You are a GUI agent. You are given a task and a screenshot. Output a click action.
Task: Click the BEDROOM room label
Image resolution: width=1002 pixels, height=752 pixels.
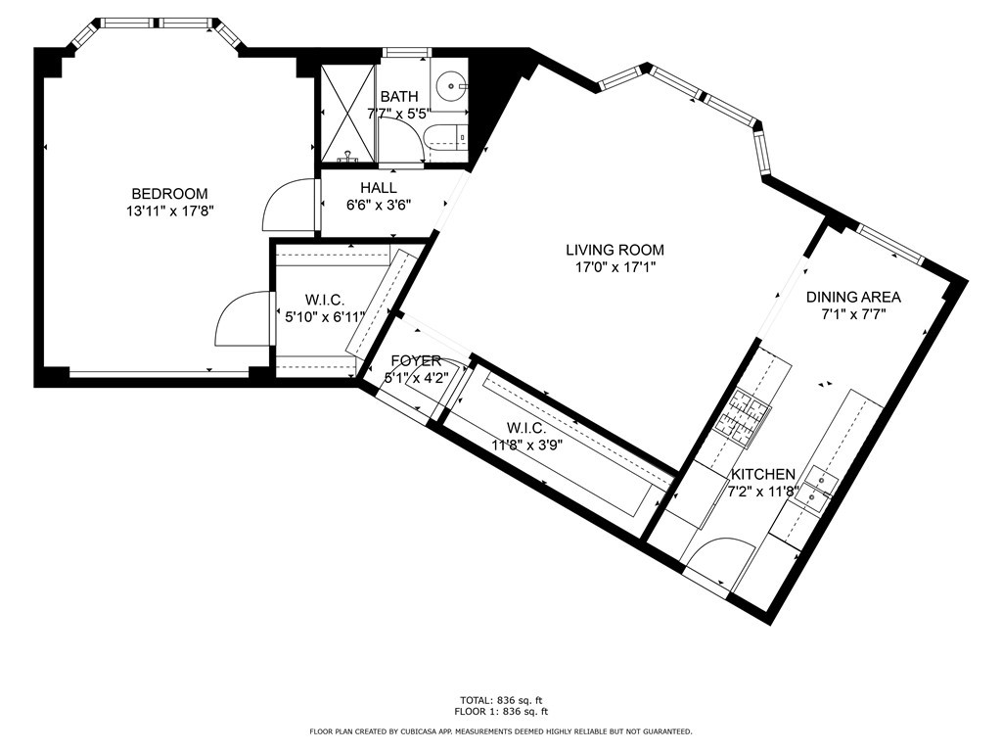(x=170, y=194)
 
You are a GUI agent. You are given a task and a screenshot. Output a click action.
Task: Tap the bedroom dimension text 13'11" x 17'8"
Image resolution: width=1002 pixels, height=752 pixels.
(x=170, y=211)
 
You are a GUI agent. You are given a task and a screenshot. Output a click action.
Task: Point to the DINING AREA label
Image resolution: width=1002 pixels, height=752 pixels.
(x=853, y=297)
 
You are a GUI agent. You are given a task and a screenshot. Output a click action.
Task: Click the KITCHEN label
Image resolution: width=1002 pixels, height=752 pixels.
(x=763, y=474)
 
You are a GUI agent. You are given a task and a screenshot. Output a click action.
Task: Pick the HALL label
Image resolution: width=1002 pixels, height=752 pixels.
(x=378, y=188)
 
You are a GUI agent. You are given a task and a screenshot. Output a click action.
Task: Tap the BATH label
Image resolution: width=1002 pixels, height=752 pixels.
(x=398, y=97)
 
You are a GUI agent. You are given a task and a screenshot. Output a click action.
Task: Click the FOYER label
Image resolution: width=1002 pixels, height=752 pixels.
(x=416, y=360)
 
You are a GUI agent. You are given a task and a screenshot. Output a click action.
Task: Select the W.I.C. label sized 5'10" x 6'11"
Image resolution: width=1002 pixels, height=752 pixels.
(x=324, y=300)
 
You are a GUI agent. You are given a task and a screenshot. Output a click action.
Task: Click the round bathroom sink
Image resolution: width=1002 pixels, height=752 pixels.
(x=452, y=86)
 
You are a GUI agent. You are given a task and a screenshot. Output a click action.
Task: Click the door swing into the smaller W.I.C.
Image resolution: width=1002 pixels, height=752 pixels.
(x=241, y=319)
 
